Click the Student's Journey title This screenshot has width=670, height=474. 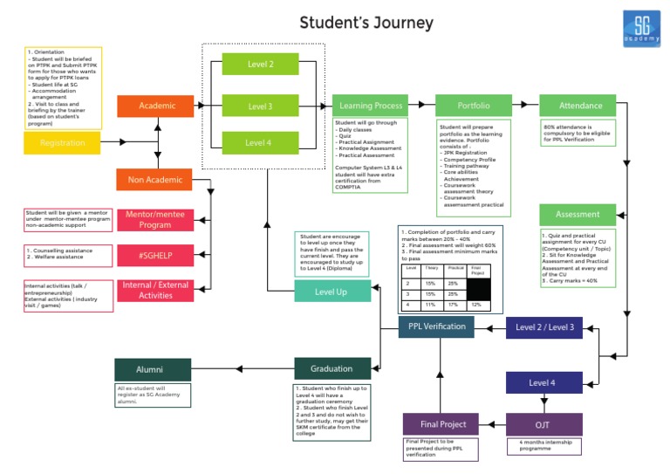click(366, 23)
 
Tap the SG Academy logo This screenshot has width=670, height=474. click(641, 29)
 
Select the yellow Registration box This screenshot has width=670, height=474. click(62, 143)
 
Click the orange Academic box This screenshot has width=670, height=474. click(157, 106)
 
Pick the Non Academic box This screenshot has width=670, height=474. click(154, 180)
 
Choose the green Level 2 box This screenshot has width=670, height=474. click(260, 65)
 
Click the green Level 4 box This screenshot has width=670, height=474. click(260, 143)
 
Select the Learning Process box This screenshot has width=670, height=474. click(371, 106)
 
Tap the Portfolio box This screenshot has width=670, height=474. click(473, 106)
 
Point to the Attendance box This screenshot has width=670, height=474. click(580, 106)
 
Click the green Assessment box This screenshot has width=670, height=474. click(578, 214)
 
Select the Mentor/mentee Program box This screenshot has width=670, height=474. click(154, 219)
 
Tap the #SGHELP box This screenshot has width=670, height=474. click(154, 255)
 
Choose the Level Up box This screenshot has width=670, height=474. click(332, 292)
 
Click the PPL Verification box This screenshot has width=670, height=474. click(437, 327)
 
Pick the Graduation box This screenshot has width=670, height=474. click(332, 368)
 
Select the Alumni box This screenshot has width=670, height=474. click(151, 369)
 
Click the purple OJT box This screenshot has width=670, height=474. click(543, 425)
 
